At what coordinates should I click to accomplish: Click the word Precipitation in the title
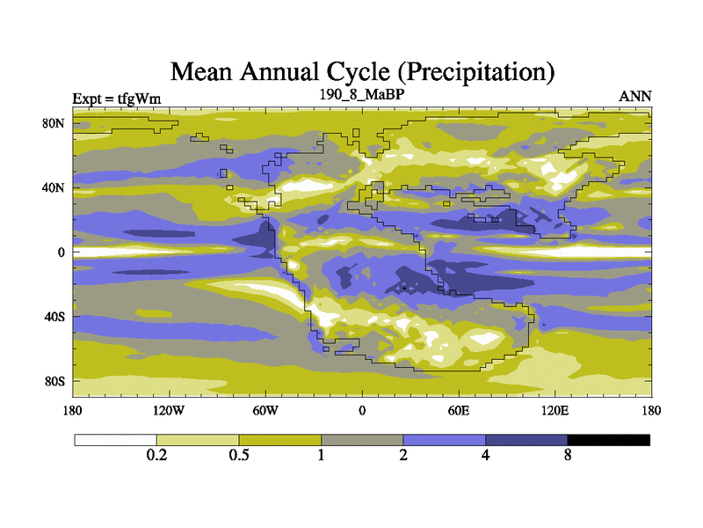[x=477, y=70]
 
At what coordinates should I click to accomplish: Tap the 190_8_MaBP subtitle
[x=361, y=92]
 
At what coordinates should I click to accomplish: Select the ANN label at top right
[x=635, y=96]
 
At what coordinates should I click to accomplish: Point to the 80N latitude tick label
[x=55, y=123]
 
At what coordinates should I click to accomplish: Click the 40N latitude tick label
[x=55, y=187]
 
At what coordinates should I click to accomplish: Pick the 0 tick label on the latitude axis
[x=62, y=252]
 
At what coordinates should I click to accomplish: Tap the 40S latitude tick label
[x=55, y=316]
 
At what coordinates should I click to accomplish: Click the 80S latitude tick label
[x=55, y=381]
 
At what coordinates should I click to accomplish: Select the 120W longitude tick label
[x=169, y=410]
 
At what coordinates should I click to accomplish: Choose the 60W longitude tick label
[x=265, y=410]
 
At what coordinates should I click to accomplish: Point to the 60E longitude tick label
[x=459, y=410]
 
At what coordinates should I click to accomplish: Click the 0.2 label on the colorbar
[x=156, y=455]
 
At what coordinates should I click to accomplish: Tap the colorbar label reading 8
[x=568, y=455]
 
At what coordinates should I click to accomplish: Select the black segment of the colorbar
[x=608, y=439]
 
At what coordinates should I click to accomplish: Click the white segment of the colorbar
[x=115, y=439]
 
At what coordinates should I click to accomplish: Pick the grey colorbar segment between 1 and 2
[x=362, y=439]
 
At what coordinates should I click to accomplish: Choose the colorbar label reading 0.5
[x=239, y=455]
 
